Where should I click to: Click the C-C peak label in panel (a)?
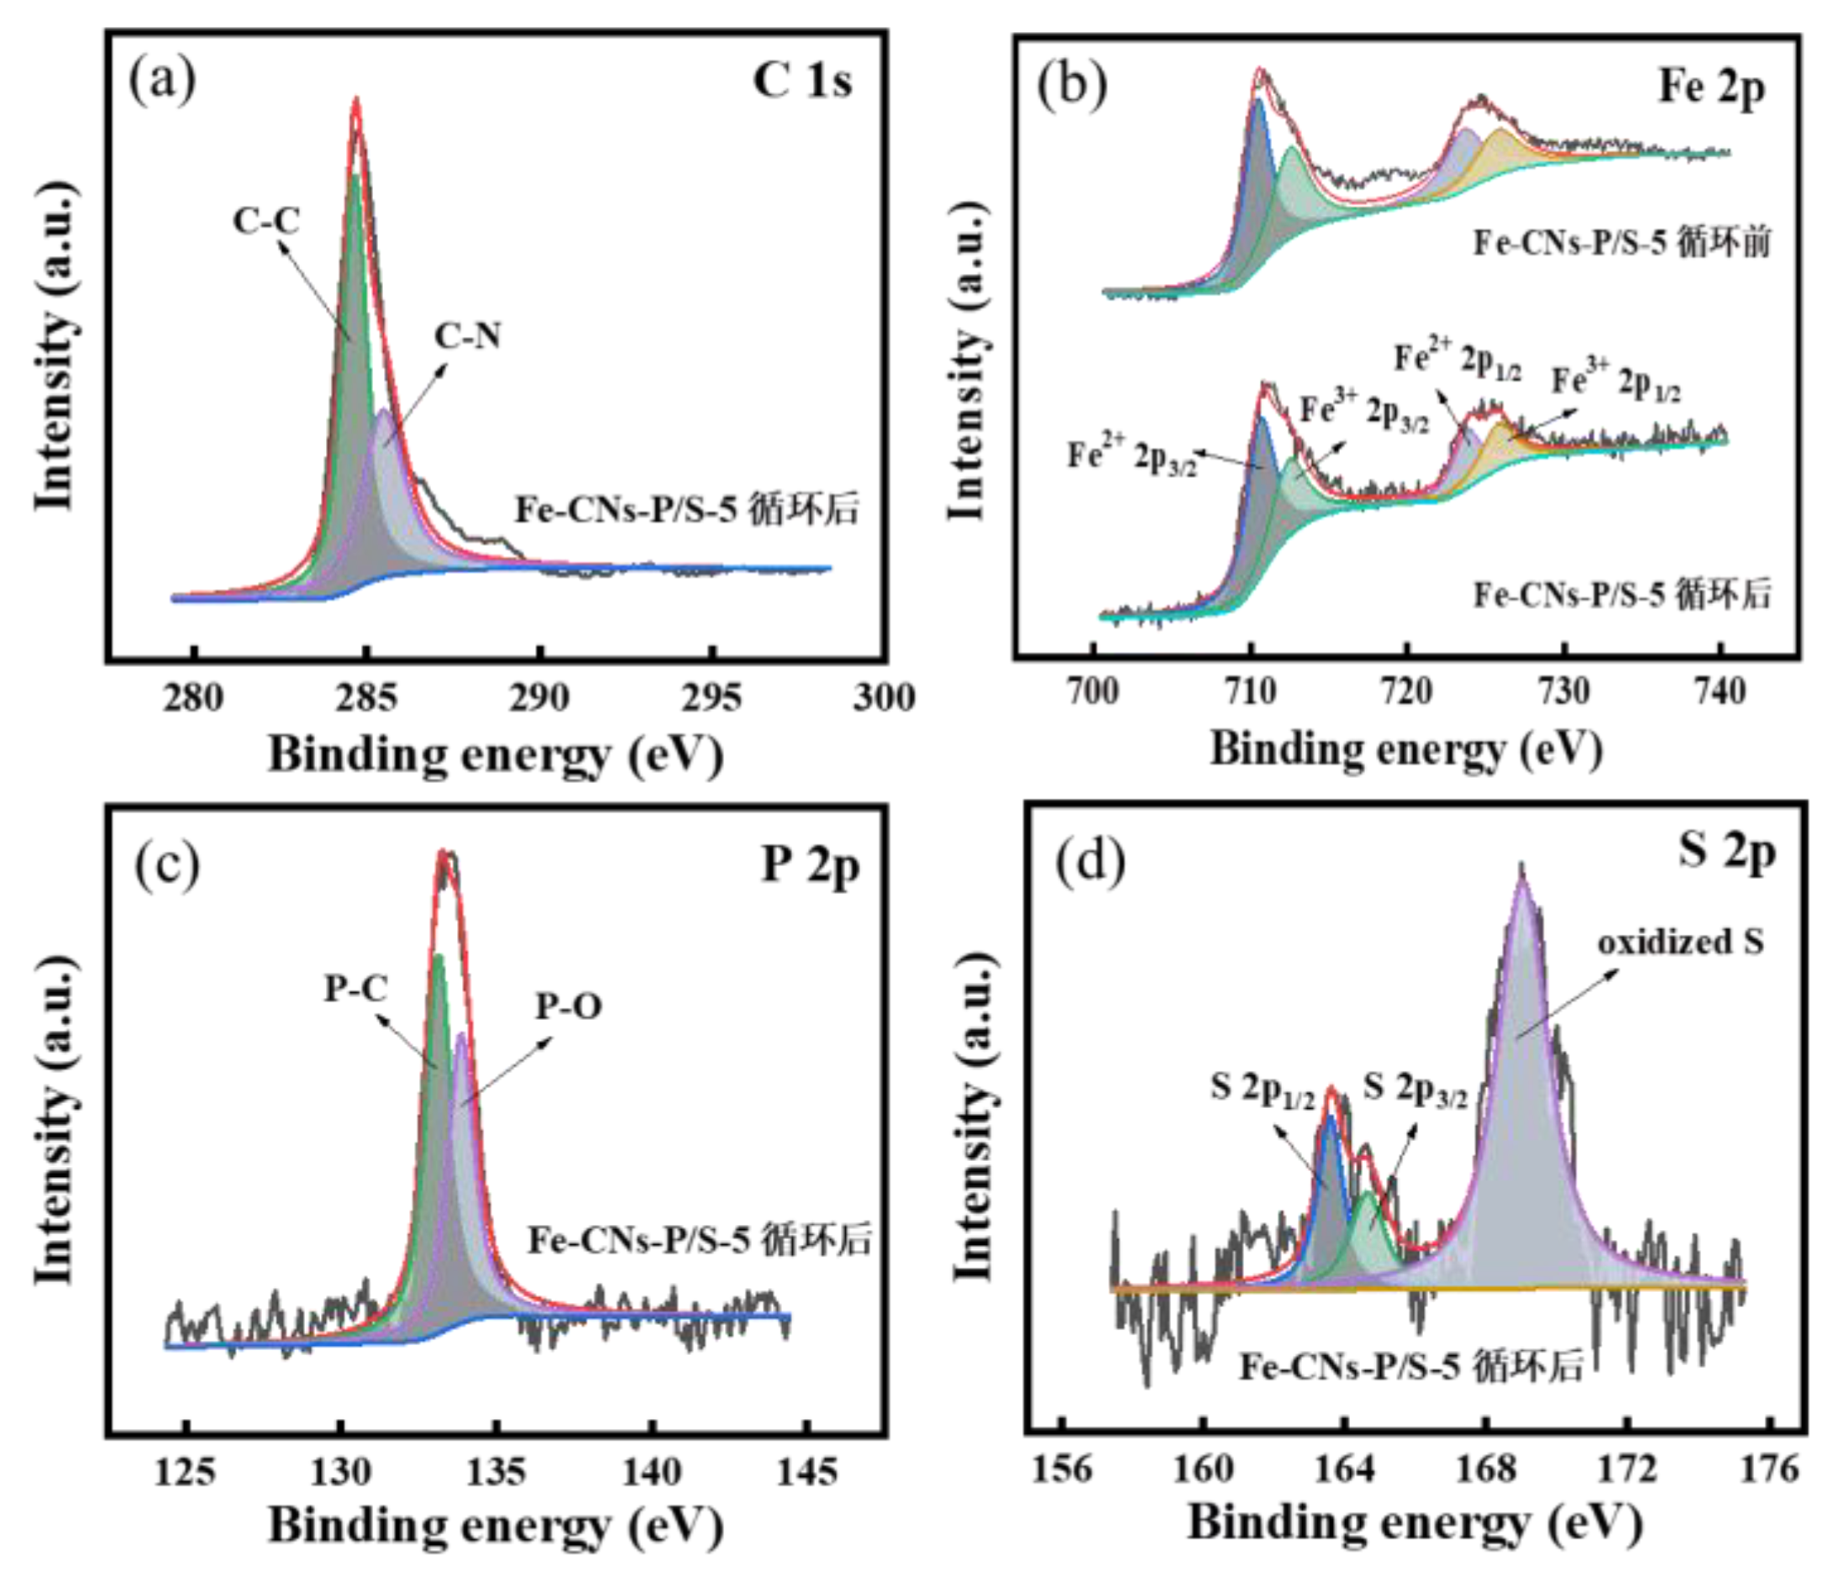pyautogui.click(x=266, y=221)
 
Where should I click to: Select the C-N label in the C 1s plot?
pyautogui.click(x=468, y=336)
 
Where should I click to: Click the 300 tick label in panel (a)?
pyautogui.click(x=883, y=698)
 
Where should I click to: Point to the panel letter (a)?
pyautogui.click(x=163, y=81)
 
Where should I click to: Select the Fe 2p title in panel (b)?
pyautogui.click(x=1711, y=87)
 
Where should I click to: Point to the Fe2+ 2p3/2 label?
pyautogui.click(x=1132, y=456)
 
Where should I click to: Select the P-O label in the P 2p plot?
pyautogui.click(x=569, y=1006)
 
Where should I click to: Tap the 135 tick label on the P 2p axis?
pyautogui.click(x=496, y=1471)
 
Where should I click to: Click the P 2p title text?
pyautogui.click(x=811, y=867)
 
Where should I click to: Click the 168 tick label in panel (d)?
pyautogui.click(x=1486, y=1469)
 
